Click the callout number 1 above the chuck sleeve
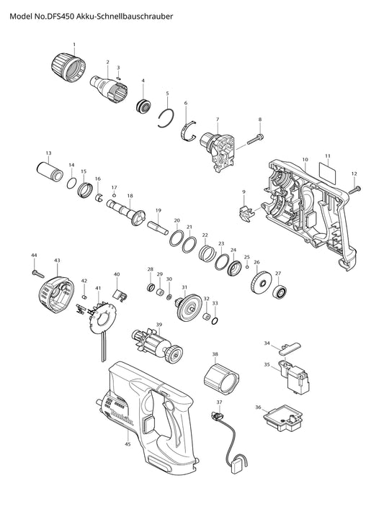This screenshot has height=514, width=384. tap(74, 44)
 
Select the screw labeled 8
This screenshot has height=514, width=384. tap(256, 139)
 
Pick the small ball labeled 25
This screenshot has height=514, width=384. tap(247, 266)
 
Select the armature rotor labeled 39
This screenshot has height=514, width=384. tap(157, 345)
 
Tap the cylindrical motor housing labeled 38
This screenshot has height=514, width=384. tap(220, 379)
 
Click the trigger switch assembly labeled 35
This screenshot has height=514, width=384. tap(295, 377)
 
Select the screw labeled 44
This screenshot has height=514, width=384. tap(37, 272)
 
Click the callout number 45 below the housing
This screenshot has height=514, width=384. tap(128, 444)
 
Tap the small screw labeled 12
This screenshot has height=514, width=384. tap(354, 189)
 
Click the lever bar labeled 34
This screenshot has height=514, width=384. tap(288, 348)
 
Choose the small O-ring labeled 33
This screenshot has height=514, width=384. tap(215, 320)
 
